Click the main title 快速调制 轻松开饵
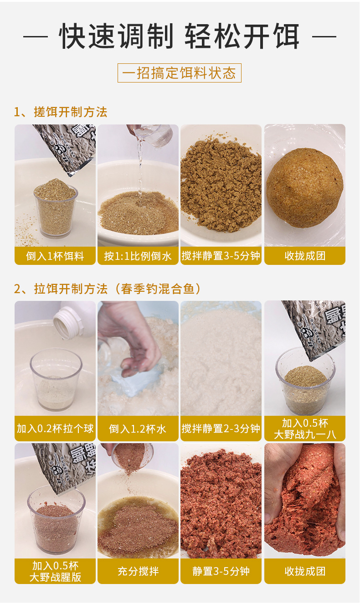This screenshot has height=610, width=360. click(180, 36)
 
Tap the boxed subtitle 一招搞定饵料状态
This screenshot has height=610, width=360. click(180, 73)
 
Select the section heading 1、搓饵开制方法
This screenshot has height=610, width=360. click(61, 112)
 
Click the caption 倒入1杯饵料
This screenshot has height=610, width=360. click(55, 256)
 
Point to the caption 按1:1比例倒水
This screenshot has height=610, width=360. click(138, 256)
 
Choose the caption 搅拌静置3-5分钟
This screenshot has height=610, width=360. click(221, 256)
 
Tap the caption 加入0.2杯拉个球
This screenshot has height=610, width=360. click(55, 429)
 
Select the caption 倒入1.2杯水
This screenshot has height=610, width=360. click(138, 429)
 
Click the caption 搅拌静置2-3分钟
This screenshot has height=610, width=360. click(221, 429)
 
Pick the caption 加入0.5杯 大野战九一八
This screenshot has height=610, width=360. click(305, 429)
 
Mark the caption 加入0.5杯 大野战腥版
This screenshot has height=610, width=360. click(55, 571)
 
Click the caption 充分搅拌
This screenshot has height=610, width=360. click(138, 571)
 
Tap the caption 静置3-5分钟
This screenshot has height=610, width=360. click(221, 571)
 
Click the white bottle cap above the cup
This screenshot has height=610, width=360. click(67, 322)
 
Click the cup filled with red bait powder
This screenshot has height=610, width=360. click(56, 524)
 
